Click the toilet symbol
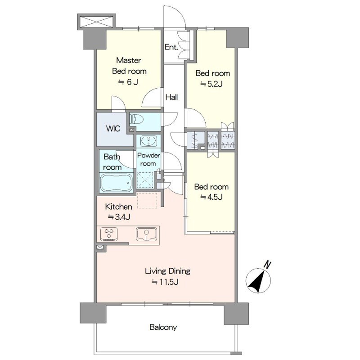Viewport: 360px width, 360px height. (x=137, y=119)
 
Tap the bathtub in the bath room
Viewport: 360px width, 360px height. (x=117, y=183)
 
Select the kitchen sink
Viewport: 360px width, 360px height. (x=147, y=234)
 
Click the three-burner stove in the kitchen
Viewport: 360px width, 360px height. (x=109, y=234)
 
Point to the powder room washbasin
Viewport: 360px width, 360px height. (x=148, y=141)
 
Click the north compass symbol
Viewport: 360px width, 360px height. (x=258, y=280)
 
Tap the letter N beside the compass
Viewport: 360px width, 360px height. (x=267, y=265)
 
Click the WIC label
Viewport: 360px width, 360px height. (x=113, y=128)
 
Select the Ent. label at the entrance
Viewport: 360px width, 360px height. (x=171, y=47)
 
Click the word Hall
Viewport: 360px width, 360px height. (x=172, y=97)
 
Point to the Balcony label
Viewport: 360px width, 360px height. (x=163, y=327)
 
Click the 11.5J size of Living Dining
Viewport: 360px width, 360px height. (x=165, y=282)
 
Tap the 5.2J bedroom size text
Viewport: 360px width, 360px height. (x=211, y=84)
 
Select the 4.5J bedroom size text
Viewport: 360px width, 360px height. (x=211, y=197)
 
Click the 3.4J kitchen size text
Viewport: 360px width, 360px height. (x=119, y=217)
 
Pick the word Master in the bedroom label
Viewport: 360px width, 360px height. (x=129, y=60)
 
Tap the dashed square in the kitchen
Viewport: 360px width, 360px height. (x=147, y=200)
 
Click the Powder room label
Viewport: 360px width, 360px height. (x=148, y=159)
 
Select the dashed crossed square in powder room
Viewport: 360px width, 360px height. (x=145, y=180)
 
